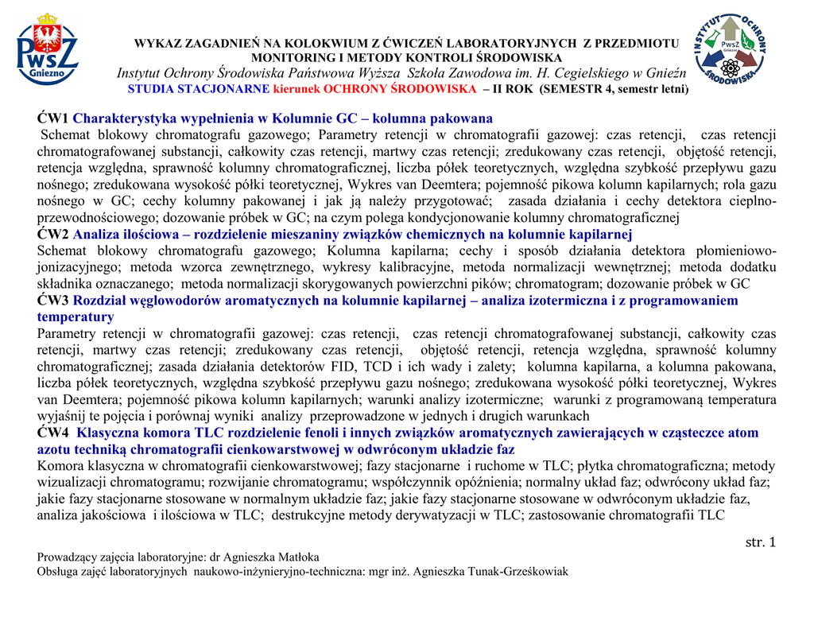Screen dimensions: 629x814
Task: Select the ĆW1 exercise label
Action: [53, 118]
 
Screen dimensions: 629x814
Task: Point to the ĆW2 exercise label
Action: [53, 234]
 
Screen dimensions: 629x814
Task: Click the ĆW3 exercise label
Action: [53, 301]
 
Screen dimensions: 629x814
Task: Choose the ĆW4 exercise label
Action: [53, 433]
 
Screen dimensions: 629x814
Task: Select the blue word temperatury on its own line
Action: [76, 316]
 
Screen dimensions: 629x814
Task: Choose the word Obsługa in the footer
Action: [57, 571]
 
